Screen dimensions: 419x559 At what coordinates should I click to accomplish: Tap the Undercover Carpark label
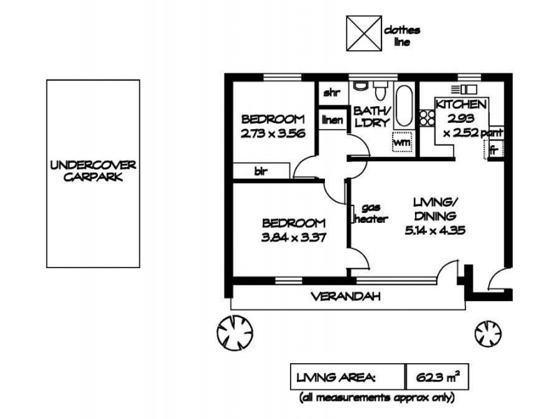[x=93, y=172]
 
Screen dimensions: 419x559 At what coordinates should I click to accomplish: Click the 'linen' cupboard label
[x=332, y=119]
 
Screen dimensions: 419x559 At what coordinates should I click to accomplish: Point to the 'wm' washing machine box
[x=402, y=142]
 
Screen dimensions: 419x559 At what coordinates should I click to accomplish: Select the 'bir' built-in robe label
[x=260, y=170]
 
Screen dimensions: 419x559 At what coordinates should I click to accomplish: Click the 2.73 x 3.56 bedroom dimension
[x=273, y=135]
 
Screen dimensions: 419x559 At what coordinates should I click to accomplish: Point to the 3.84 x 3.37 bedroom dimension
[x=293, y=237]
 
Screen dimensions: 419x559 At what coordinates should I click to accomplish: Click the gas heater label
[x=372, y=214]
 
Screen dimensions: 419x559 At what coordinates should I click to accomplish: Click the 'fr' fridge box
[x=493, y=149]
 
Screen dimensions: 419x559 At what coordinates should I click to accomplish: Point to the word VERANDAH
[x=346, y=297]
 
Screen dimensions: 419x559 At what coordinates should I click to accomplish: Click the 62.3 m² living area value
[x=436, y=378]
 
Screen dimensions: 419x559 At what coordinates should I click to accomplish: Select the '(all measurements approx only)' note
[x=377, y=398]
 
